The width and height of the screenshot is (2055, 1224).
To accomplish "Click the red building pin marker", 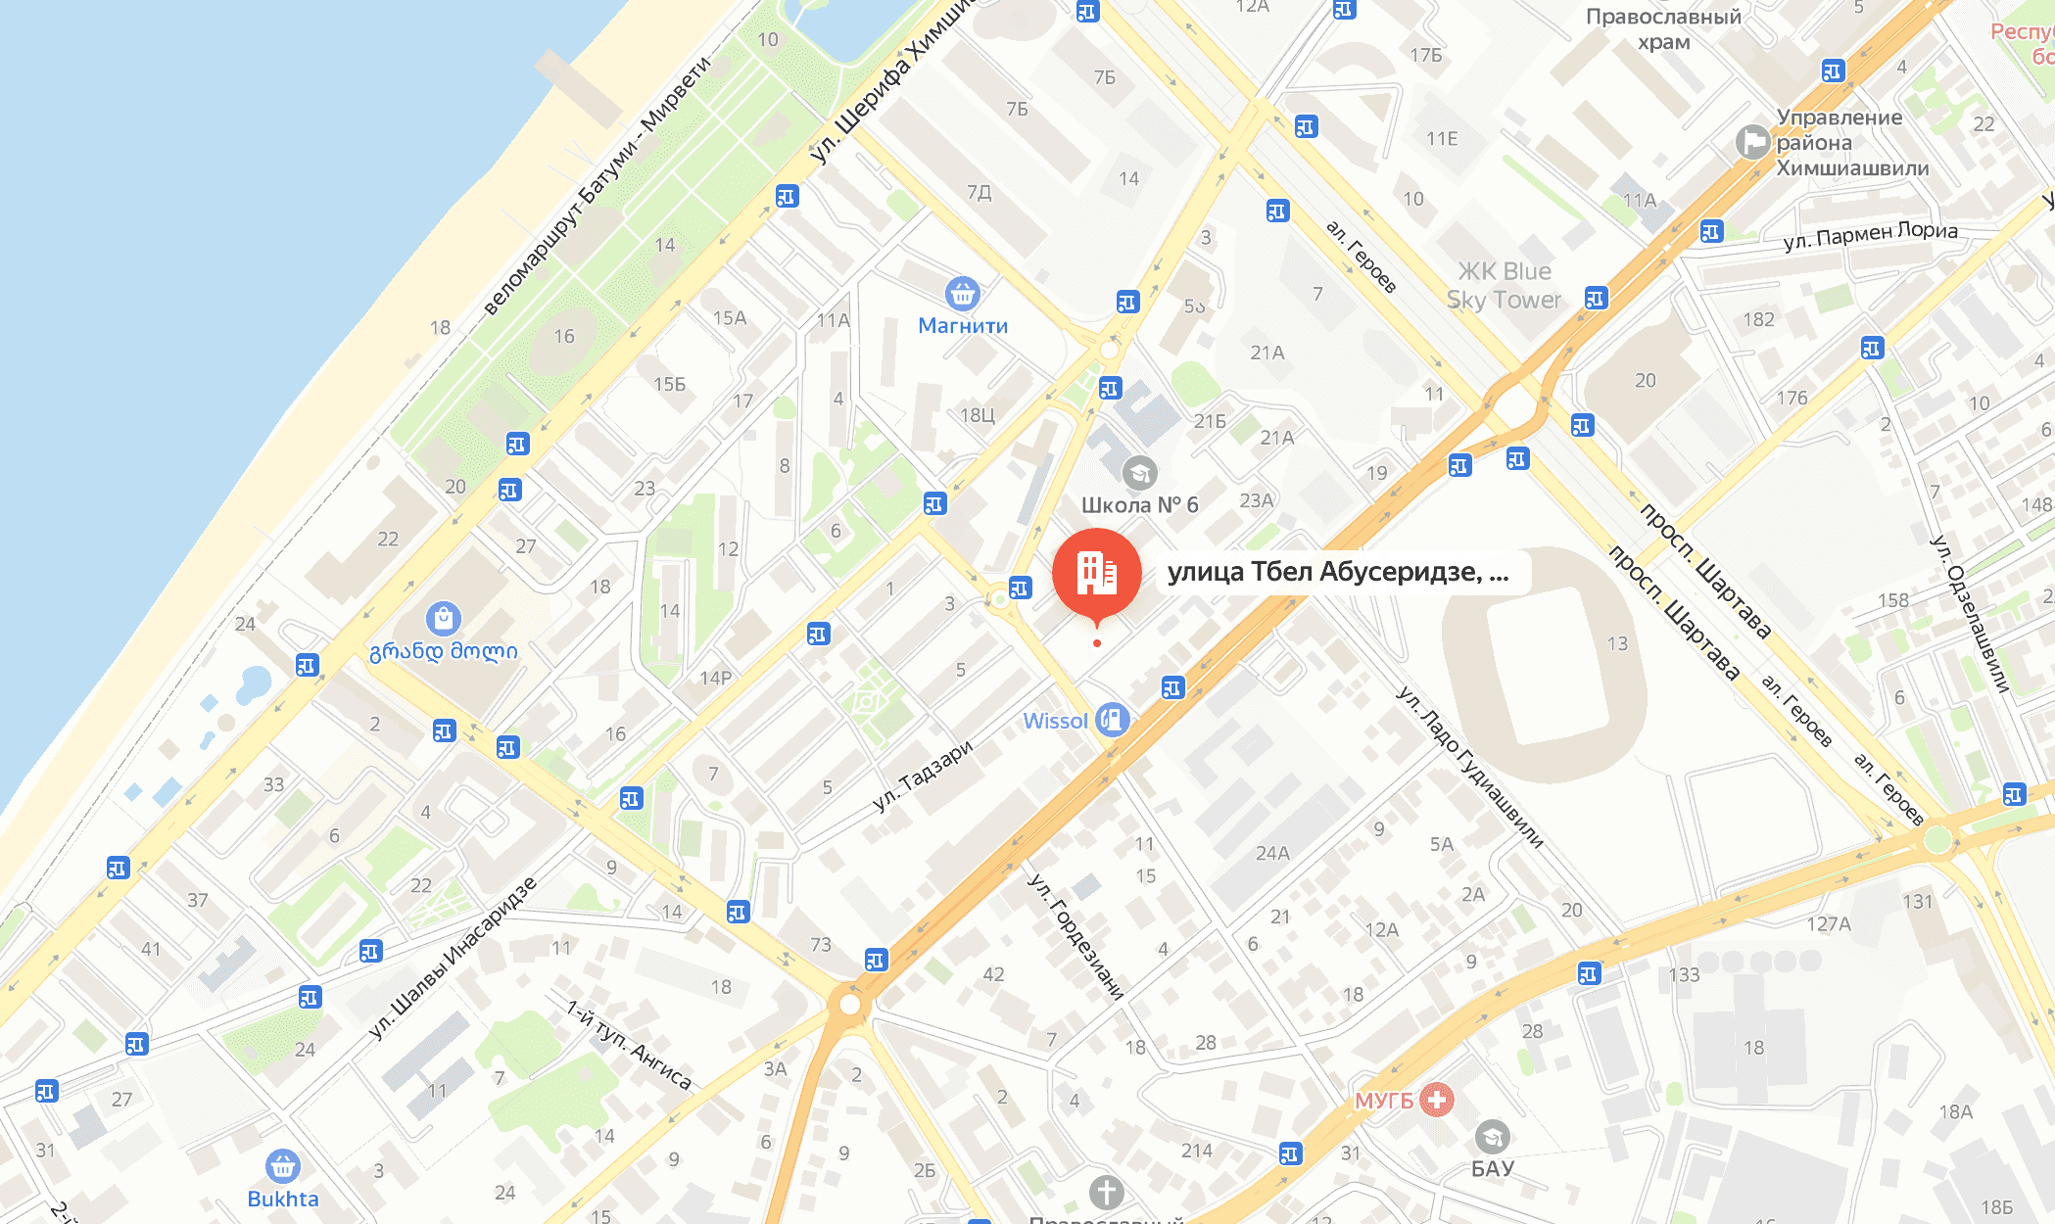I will coord(1096,573).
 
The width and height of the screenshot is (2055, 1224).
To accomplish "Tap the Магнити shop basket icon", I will coord(962,293).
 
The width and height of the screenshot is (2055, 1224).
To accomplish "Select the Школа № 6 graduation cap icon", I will coord(1139,474).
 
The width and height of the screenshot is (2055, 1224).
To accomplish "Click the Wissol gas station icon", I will coord(1112,721).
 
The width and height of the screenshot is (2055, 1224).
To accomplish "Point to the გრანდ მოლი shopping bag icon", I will coord(444,619).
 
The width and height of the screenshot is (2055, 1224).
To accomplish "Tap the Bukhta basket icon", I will coord(283,1166).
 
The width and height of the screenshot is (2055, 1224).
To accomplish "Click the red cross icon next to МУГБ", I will coord(1437,1100).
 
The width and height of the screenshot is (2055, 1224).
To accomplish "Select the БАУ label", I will coord(1492,1168).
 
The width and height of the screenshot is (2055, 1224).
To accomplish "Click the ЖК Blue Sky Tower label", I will coord(1504,285).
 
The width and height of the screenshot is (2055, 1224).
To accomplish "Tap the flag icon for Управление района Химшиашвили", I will coord(1751,142).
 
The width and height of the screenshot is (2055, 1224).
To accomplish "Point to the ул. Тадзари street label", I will coord(923,776).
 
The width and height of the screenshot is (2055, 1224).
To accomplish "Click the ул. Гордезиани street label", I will coord(1075,935).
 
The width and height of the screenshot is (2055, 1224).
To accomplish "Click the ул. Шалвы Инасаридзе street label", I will coord(453,959).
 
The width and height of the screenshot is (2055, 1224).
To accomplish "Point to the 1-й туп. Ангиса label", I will coord(629,1044).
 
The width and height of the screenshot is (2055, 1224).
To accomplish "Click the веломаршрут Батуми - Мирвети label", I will coord(597,186).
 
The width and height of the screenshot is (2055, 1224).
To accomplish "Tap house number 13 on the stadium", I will coord(1617,643).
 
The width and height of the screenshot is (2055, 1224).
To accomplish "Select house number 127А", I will coord(1829,923).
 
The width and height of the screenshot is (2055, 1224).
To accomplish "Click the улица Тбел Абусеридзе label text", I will coord(1337,572).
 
